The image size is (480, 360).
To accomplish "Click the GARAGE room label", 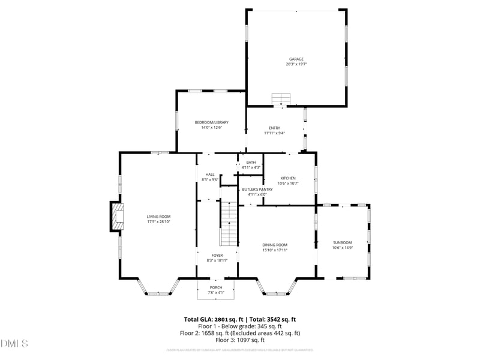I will [x=296, y=59].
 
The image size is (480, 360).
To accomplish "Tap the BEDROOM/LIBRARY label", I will [x=211, y=122].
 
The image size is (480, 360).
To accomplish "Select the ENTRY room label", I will [x=274, y=128].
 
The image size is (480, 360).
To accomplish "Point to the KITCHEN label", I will [x=288, y=178].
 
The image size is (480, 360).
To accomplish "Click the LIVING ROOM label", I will [x=159, y=217].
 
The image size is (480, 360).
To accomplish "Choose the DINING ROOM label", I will [x=275, y=245].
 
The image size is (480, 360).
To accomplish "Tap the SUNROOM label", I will [x=343, y=242].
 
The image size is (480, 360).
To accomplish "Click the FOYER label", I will [x=217, y=255].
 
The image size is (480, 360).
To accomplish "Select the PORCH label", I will [x=216, y=287].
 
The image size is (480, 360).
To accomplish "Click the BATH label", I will [x=251, y=162].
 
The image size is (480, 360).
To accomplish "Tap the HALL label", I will [x=210, y=175].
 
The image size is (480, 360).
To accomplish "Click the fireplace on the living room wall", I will [x=116, y=216].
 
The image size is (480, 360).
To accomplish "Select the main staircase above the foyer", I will [x=229, y=224].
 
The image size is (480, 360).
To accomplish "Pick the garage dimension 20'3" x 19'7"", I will [x=296, y=64].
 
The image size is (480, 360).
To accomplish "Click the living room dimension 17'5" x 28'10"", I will [x=159, y=222].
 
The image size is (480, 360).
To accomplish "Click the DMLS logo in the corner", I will [x=14, y=344].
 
